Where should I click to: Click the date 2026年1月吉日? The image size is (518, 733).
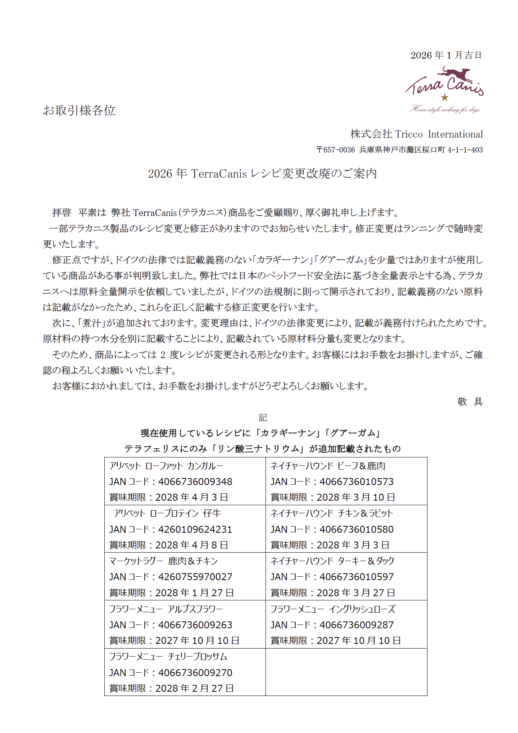[x=446, y=55]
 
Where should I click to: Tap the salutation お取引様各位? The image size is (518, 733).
[x=79, y=110]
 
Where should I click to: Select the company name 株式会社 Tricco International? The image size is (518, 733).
[x=416, y=134]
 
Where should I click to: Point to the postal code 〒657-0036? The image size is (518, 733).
[x=335, y=150]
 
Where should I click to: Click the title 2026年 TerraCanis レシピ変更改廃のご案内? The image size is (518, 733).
[x=262, y=174]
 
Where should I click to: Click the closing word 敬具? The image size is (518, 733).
[x=470, y=401]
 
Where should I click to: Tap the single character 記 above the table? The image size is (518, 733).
[x=262, y=417]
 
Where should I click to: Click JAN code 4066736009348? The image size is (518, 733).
[x=195, y=482]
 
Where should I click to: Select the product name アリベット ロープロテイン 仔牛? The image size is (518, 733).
[x=167, y=513]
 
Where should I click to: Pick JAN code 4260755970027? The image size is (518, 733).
[x=195, y=577]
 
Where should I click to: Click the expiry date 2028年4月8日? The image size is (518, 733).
[x=191, y=545]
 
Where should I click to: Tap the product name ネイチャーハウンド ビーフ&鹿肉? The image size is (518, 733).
[x=328, y=466]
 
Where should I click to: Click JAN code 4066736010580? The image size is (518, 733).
[x=356, y=529]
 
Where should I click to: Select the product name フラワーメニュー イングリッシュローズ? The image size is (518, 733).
[x=333, y=609]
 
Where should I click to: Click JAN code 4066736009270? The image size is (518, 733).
[x=195, y=673]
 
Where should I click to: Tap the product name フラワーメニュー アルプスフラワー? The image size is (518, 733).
[x=166, y=609]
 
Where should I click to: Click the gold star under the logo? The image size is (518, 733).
[x=444, y=97]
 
